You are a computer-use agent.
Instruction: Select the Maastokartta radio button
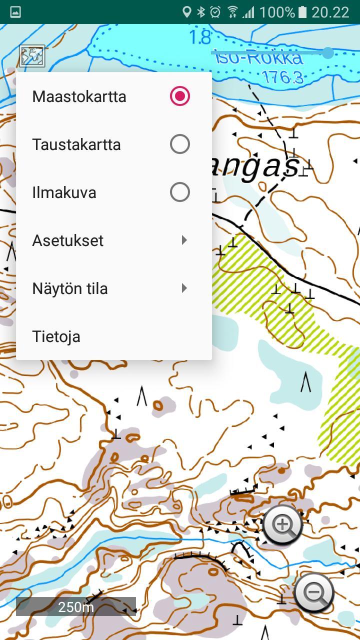click(179, 96)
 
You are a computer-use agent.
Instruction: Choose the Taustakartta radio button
click(179, 144)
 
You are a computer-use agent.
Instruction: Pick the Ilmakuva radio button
click(179, 192)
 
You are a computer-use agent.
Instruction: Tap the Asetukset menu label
click(67, 240)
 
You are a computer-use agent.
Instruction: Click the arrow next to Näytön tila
click(184, 288)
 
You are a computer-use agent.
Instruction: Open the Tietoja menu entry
click(56, 336)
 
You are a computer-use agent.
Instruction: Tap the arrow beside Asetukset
click(184, 240)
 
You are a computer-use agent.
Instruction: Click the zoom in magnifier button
click(282, 524)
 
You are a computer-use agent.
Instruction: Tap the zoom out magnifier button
click(314, 592)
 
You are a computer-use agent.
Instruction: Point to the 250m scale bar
click(76, 607)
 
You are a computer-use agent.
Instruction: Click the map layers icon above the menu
click(32, 55)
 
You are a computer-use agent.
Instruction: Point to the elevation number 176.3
click(282, 76)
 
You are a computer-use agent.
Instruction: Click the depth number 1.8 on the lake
click(200, 37)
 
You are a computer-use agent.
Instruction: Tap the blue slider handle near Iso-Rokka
click(328, 52)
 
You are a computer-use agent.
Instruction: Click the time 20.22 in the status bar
click(330, 12)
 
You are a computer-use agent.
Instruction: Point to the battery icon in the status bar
click(302, 12)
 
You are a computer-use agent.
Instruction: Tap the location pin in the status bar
click(186, 12)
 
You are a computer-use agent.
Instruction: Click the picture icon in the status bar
click(15, 12)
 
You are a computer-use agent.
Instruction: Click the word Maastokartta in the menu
click(79, 96)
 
